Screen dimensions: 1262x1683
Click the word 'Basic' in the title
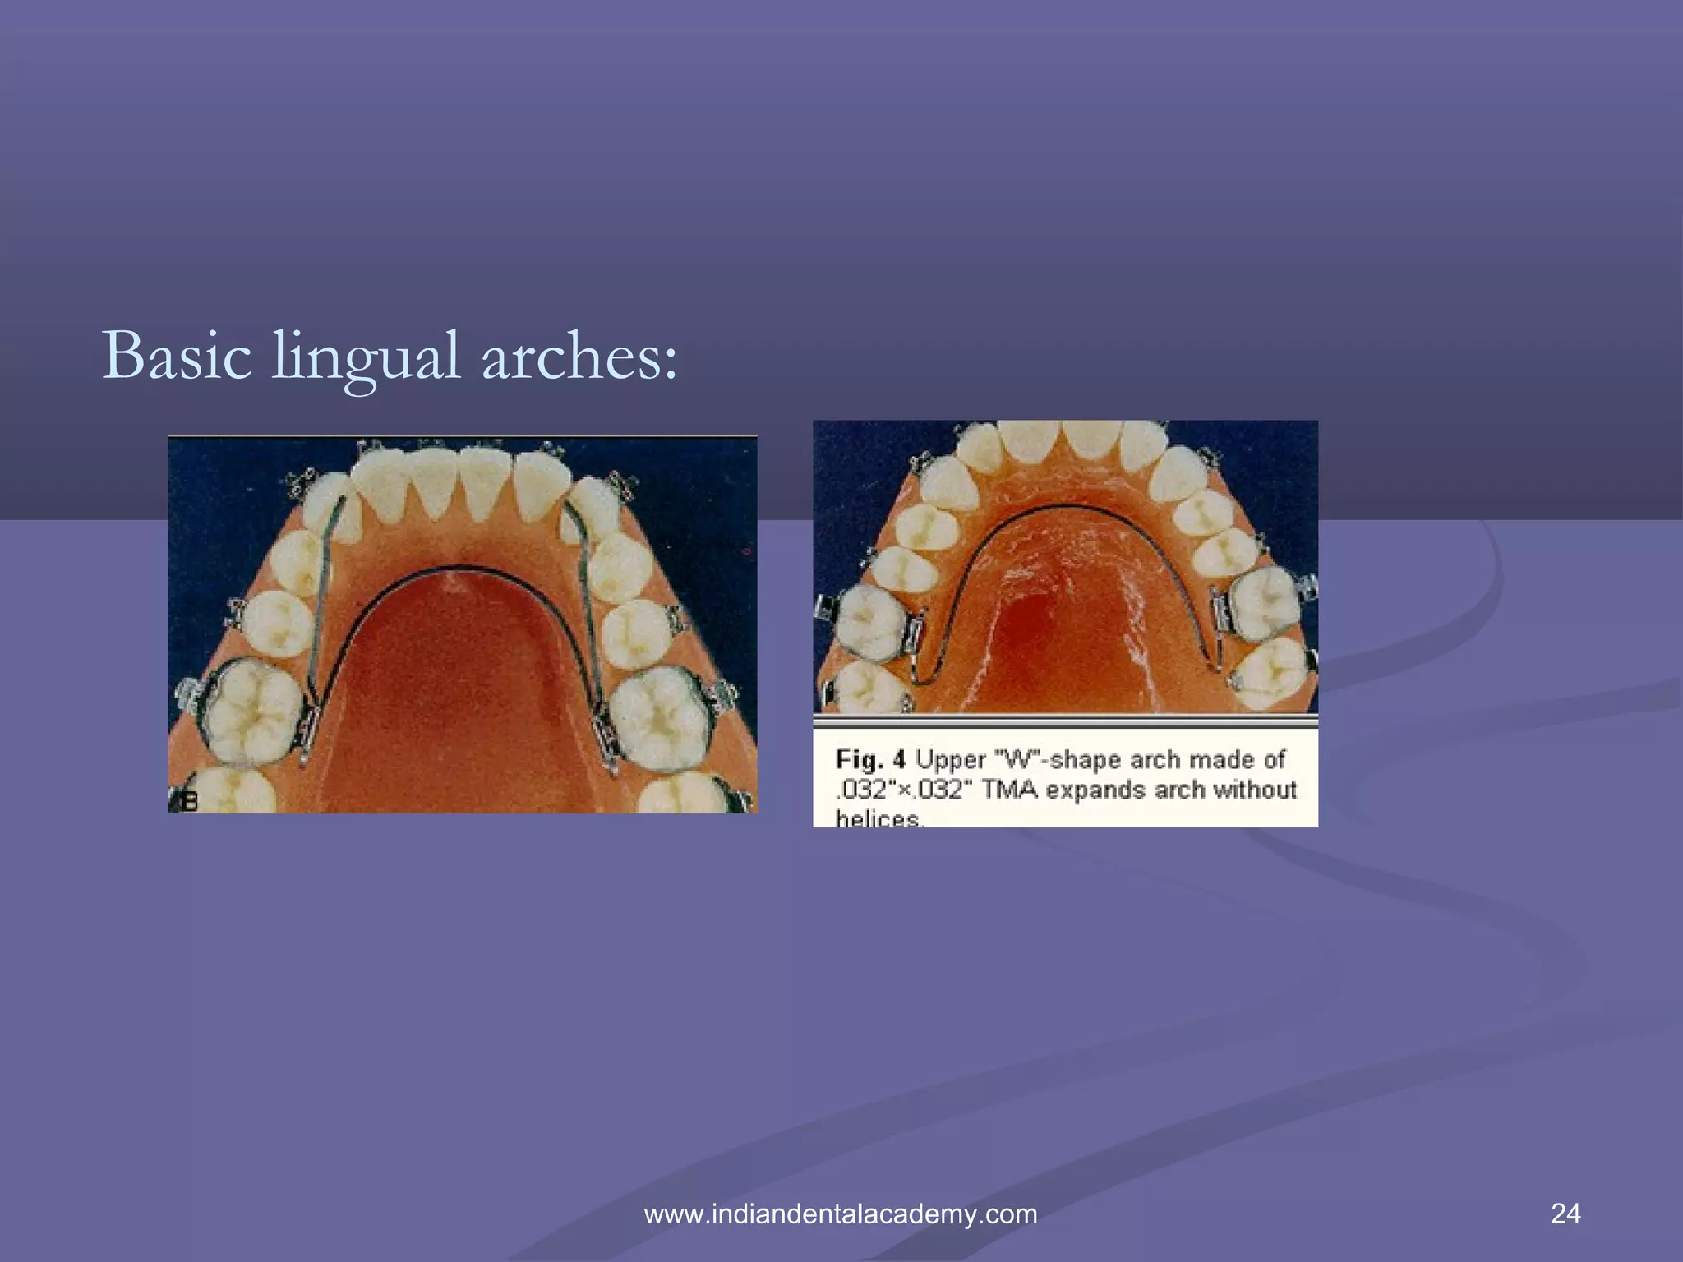(177, 356)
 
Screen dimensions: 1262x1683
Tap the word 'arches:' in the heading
(579, 356)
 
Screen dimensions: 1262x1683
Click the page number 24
(1565, 1213)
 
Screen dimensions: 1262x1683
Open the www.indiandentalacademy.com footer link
(841, 1214)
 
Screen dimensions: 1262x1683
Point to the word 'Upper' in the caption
(950, 759)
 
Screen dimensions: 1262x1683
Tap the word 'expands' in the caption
(1096, 790)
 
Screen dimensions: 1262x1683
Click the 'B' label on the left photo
(189, 800)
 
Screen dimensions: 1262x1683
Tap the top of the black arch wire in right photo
(1065, 505)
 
